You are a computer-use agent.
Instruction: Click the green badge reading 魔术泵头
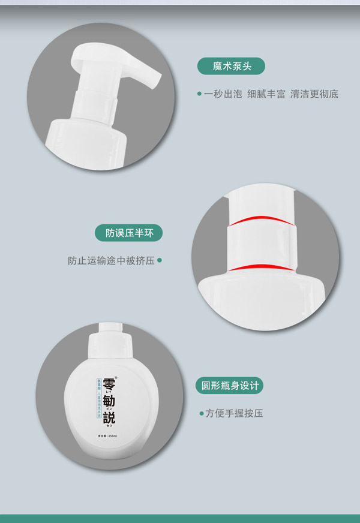pos(230,66)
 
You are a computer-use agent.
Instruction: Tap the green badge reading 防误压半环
pos(129,233)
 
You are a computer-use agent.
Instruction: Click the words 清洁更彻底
pos(314,94)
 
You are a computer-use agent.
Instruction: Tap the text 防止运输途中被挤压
pos(111,261)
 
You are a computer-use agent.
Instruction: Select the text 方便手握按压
pos(234,413)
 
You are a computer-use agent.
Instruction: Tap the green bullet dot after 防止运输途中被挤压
pos(160,261)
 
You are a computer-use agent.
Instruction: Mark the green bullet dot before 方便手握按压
pos(201,413)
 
